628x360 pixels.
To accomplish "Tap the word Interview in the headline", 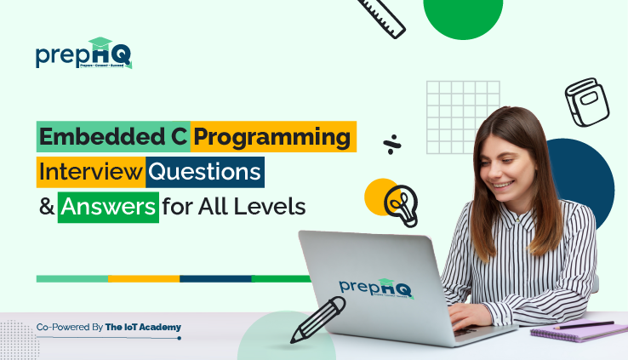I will click(x=90, y=171).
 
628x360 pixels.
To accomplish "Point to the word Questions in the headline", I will click(x=204, y=171).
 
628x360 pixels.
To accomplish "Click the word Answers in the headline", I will click(x=108, y=207).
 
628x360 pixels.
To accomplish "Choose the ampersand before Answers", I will click(x=44, y=207).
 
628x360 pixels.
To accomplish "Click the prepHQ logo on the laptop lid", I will click(x=375, y=287).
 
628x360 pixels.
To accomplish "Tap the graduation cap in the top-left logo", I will click(x=100, y=43).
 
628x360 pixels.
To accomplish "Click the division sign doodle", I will click(x=391, y=142).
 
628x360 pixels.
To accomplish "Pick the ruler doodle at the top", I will click(x=380, y=16).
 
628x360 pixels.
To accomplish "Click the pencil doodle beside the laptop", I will click(x=317, y=319).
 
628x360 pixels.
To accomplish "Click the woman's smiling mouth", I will click(x=503, y=184).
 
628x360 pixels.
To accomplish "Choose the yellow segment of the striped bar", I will click(x=144, y=278).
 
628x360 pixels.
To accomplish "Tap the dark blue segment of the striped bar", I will click(x=215, y=278).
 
